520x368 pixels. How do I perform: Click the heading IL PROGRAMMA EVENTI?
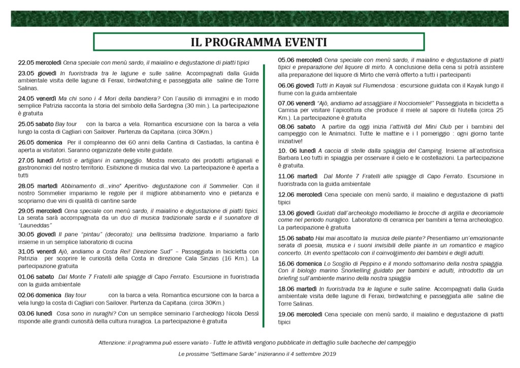tap(258, 41)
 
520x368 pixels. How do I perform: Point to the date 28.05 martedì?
tap(37, 186)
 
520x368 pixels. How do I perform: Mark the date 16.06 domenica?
tap(300, 263)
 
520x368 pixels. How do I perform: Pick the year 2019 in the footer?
tap(328, 353)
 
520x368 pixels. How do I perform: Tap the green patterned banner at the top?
tap(259, 19)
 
